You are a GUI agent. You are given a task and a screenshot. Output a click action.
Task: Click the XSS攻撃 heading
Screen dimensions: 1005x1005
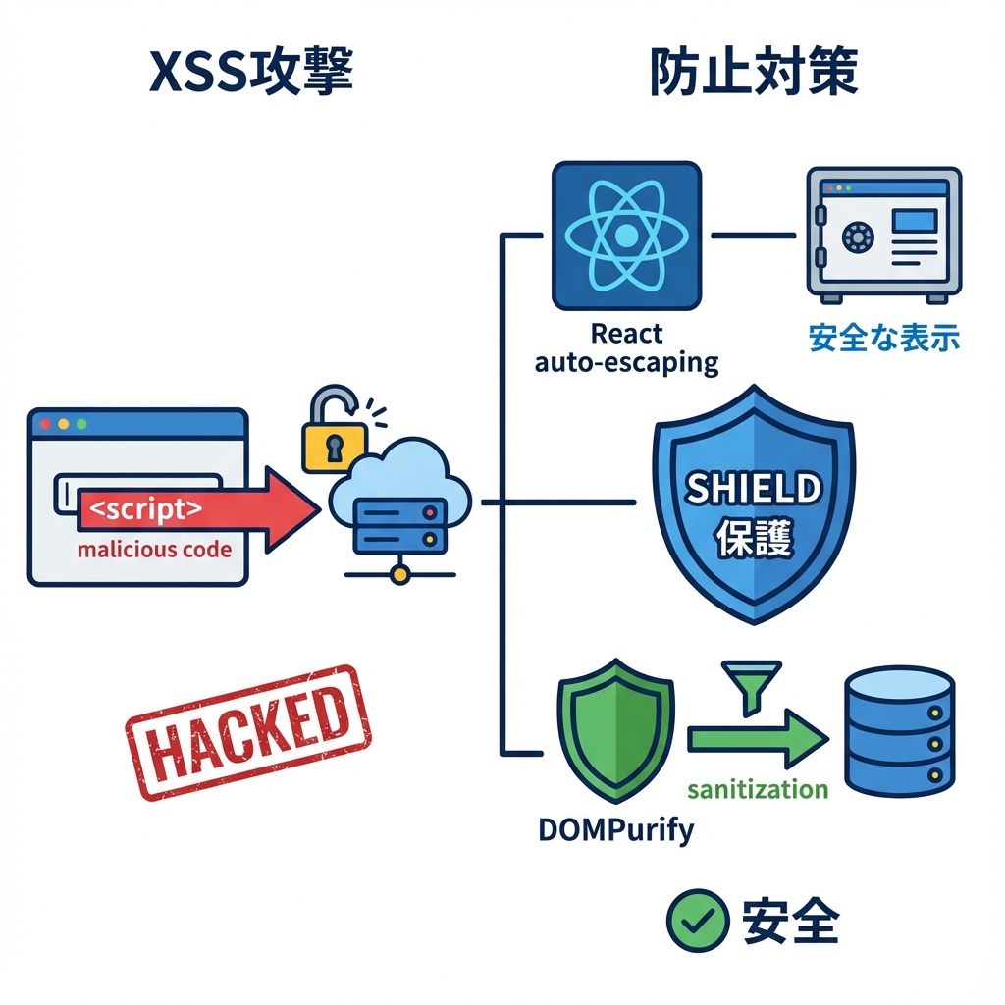[x=250, y=74]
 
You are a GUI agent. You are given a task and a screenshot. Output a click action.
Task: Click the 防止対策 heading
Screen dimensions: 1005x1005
[x=754, y=74]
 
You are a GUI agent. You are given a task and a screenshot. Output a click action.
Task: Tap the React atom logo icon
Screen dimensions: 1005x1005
[x=626, y=236]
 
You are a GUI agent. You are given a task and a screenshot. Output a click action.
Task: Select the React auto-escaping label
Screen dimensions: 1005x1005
[x=626, y=348]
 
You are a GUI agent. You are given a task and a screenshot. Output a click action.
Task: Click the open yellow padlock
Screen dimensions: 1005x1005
[x=334, y=432]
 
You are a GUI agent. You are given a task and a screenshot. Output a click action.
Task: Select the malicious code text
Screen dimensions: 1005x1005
[x=154, y=549]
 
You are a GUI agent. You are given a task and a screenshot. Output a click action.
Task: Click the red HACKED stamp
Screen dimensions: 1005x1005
[x=248, y=731]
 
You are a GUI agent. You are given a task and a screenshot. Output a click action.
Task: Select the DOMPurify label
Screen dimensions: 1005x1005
[x=615, y=829]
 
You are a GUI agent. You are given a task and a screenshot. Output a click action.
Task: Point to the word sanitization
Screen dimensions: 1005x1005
[x=758, y=789]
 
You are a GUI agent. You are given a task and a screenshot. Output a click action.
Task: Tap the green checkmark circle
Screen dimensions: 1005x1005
[x=698, y=922]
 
